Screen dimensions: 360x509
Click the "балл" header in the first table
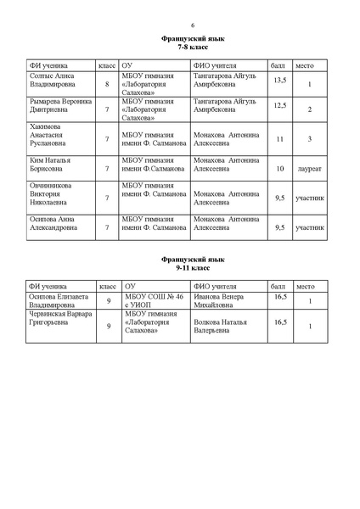pos(278,64)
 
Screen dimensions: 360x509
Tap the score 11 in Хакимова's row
pos(279,138)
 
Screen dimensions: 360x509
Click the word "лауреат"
pos(309,169)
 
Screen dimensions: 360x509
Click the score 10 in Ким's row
pos(279,168)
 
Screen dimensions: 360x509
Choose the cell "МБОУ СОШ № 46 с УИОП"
pos(154,301)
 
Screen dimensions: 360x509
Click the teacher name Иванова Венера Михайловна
pos(223,301)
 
